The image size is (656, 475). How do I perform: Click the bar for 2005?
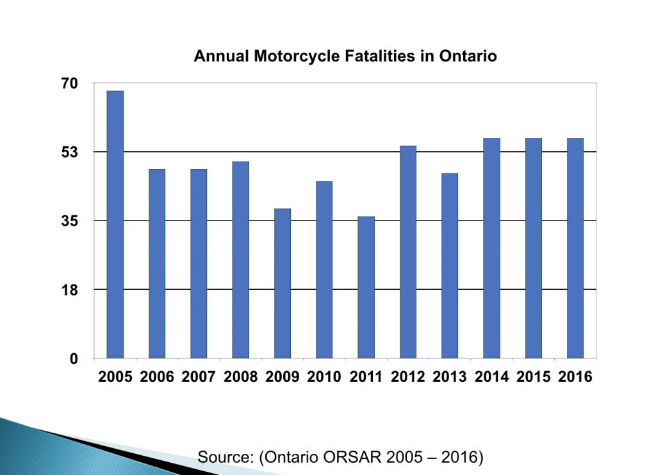(x=115, y=224)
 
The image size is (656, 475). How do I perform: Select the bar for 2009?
(x=283, y=283)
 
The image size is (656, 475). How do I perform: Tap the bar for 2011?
(x=366, y=287)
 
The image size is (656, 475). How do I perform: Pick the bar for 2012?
(x=408, y=251)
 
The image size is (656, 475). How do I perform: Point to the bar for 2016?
(x=575, y=247)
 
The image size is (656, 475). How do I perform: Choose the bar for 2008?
(x=241, y=259)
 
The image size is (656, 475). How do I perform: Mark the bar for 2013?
(x=450, y=265)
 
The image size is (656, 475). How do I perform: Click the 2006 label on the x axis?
(x=157, y=377)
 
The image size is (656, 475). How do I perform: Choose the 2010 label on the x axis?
(x=324, y=377)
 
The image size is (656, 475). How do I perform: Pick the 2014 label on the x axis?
(x=491, y=377)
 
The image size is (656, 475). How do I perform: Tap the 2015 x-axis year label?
(x=533, y=377)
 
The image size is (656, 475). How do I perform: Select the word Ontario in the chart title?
(x=468, y=56)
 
